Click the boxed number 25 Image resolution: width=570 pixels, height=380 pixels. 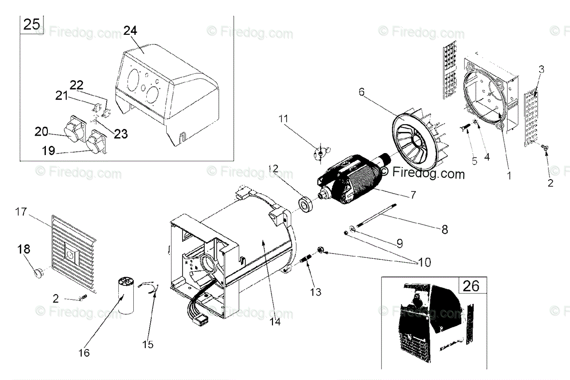31,24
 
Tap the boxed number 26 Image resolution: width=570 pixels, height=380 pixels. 471,286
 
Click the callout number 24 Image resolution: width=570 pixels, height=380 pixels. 130,30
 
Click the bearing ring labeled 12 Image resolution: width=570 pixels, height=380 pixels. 306,204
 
